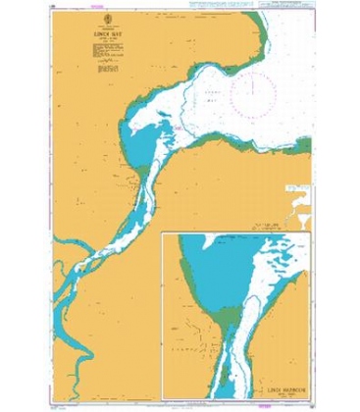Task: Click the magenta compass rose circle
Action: coord(257,86)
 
